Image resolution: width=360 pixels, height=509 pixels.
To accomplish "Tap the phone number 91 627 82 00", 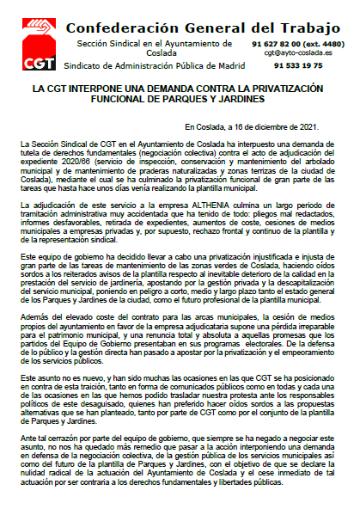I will [276, 42].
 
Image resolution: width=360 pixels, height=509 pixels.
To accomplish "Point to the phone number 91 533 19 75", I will [298, 64].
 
